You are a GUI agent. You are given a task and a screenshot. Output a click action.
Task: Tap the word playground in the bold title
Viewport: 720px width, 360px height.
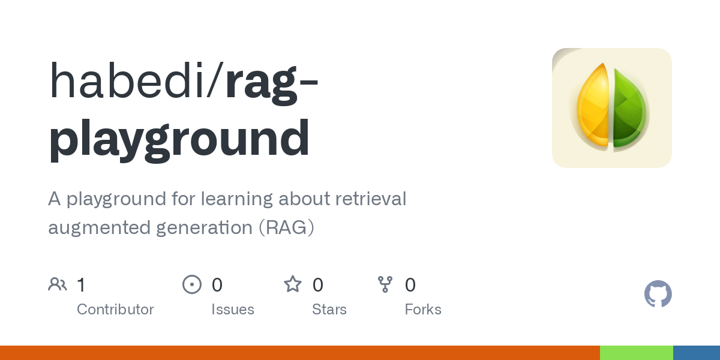(179, 139)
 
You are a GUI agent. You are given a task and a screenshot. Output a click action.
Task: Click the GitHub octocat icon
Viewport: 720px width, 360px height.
(658, 294)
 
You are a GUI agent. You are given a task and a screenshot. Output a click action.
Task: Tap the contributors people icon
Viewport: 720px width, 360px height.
(58, 284)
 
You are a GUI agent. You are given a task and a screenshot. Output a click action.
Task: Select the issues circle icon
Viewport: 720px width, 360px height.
(191, 284)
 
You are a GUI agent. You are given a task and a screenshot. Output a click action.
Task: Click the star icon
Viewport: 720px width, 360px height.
(293, 284)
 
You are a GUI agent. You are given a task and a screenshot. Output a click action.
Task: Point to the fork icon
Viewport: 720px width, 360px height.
(385, 284)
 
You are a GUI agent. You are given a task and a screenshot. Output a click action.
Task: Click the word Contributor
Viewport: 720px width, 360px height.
(115, 310)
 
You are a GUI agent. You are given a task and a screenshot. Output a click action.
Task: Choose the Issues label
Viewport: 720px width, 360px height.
(233, 310)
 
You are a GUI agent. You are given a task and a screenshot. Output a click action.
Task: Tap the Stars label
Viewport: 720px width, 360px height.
(329, 310)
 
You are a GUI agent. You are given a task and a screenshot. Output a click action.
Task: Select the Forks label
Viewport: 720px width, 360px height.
(423, 310)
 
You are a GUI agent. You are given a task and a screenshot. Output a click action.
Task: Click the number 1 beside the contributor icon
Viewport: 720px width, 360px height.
(81, 284)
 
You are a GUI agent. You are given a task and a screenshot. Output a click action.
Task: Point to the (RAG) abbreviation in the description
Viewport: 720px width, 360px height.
(287, 228)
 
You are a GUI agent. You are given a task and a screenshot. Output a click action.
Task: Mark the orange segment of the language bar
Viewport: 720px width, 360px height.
(300, 353)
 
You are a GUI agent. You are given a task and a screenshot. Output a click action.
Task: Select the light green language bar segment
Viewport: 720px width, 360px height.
(636, 353)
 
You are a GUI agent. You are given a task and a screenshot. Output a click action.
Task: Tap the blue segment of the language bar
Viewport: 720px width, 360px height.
(697, 353)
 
